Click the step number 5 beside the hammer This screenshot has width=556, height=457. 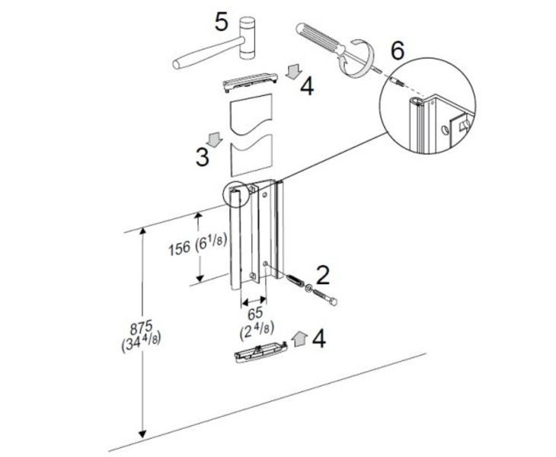221,22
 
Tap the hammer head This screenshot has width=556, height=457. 247,37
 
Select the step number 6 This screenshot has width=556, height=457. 397,50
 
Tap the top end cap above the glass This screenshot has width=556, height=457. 250,81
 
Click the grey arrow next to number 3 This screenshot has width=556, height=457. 215,139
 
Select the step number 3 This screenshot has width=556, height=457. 203,156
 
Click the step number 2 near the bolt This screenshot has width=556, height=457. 323,275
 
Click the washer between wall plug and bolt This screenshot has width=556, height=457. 308,289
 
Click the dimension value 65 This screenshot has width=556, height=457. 254,313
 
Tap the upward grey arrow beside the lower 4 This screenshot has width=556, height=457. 299,339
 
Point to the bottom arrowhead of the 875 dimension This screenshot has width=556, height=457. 142,433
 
